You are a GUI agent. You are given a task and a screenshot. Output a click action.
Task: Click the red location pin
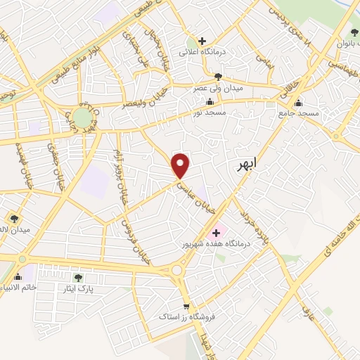point(181,165)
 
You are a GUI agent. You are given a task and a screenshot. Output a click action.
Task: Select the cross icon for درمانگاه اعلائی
point(202,41)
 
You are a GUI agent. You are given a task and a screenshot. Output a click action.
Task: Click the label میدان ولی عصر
point(213,89)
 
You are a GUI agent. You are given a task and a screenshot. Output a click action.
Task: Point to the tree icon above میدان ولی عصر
point(219,77)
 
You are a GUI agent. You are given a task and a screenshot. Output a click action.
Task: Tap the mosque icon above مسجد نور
point(210,102)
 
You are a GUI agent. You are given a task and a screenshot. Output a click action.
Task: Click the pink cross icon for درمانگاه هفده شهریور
point(216,232)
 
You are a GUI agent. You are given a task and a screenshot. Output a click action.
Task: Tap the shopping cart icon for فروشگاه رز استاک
point(186,307)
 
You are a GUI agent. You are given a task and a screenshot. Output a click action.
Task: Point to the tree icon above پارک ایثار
point(78,278)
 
